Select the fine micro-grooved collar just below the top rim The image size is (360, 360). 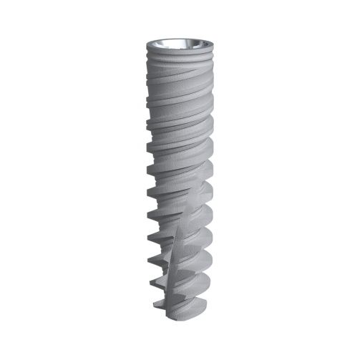pos(180,51)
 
